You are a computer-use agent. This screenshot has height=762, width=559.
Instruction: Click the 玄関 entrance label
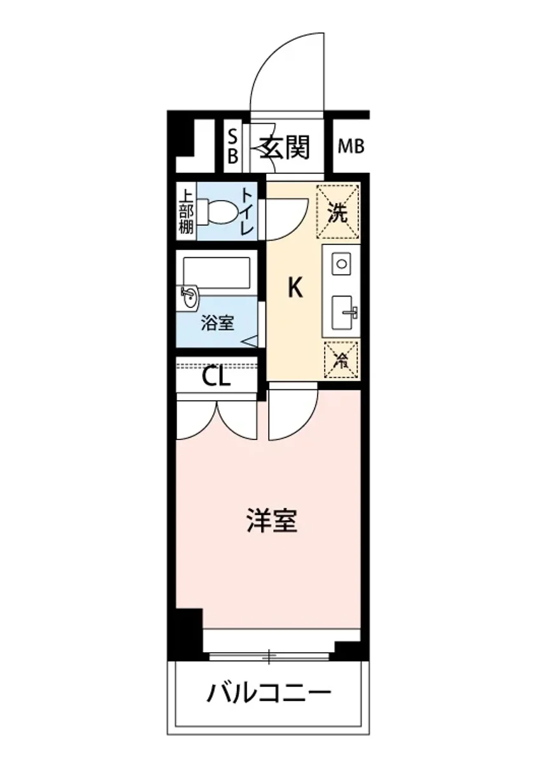(x=284, y=149)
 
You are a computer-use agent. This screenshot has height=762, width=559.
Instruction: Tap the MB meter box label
(x=351, y=147)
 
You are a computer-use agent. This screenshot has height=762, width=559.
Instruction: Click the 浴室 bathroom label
(x=217, y=323)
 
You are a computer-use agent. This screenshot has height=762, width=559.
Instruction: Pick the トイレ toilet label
(x=247, y=212)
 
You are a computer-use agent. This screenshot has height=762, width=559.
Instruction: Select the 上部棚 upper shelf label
(x=185, y=212)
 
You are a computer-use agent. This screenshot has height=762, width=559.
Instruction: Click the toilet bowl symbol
(x=219, y=212)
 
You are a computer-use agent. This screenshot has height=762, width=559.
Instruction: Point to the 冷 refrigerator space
(x=341, y=359)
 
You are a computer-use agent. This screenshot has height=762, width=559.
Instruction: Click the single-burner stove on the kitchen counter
(x=341, y=264)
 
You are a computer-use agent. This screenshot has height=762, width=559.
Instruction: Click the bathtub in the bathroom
(x=216, y=271)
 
